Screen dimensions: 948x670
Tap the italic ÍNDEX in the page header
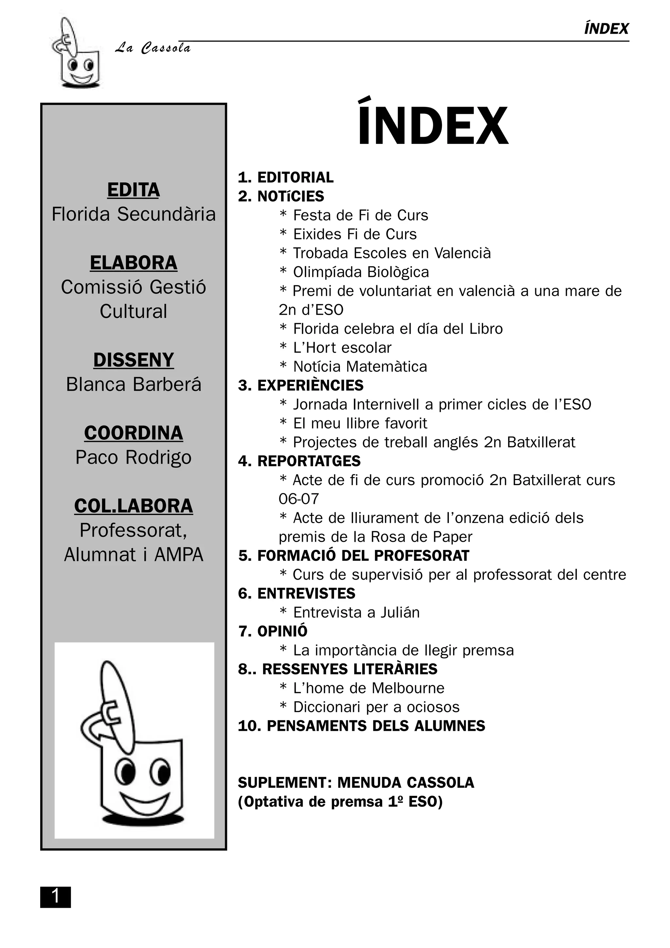(x=606, y=29)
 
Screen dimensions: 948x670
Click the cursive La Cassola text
(x=153, y=48)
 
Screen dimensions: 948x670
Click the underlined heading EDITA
(x=133, y=190)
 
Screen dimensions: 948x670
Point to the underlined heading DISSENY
(x=133, y=360)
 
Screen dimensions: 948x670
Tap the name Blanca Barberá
(x=133, y=384)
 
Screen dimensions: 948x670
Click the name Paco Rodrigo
(x=133, y=458)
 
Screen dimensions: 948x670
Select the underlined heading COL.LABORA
(x=133, y=506)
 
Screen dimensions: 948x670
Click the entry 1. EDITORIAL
(x=286, y=178)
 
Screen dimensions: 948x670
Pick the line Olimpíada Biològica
(x=361, y=272)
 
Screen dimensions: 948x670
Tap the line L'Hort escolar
(x=342, y=348)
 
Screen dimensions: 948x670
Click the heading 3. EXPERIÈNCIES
(x=301, y=385)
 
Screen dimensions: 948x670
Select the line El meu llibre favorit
(x=360, y=423)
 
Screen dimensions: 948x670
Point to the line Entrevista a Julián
(x=356, y=612)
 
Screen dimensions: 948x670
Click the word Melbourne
(x=408, y=688)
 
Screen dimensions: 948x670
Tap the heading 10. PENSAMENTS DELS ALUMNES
(x=361, y=726)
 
